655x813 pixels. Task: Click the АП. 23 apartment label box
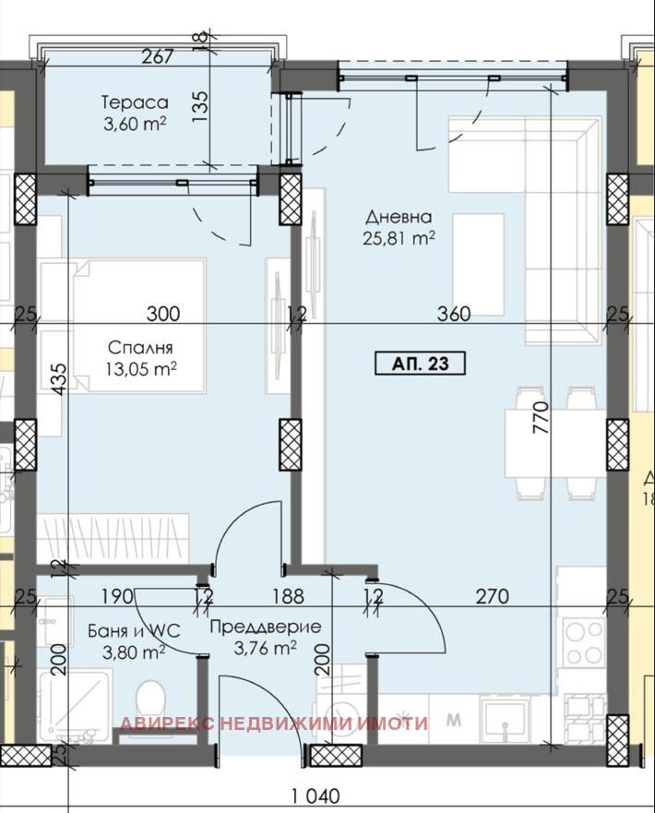pyautogui.click(x=421, y=363)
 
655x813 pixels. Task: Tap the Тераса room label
pyautogui.click(x=135, y=102)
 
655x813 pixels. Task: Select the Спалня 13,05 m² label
pyautogui.click(x=141, y=358)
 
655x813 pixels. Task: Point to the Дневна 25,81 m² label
pyautogui.click(x=399, y=227)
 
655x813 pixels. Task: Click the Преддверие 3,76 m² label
pyautogui.click(x=266, y=637)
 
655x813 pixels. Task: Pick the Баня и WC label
pyautogui.click(x=134, y=630)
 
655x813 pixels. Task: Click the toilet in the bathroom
pyautogui.click(x=150, y=702)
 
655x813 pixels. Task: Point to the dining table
pyautogui.click(x=555, y=443)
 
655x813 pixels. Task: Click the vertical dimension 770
pyautogui.click(x=540, y=417)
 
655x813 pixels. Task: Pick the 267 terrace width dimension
pyautogui.click(x=157, y=56)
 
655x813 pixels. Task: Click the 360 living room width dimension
pyautogui.click(x=454, y=314)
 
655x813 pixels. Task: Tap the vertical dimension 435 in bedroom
pyautogui.click(x=60, y=379)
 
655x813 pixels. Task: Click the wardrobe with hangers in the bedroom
pyautogui.click(x=113, y=539)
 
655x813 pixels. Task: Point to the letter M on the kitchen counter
pyautogui.click(x=454, y=720)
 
